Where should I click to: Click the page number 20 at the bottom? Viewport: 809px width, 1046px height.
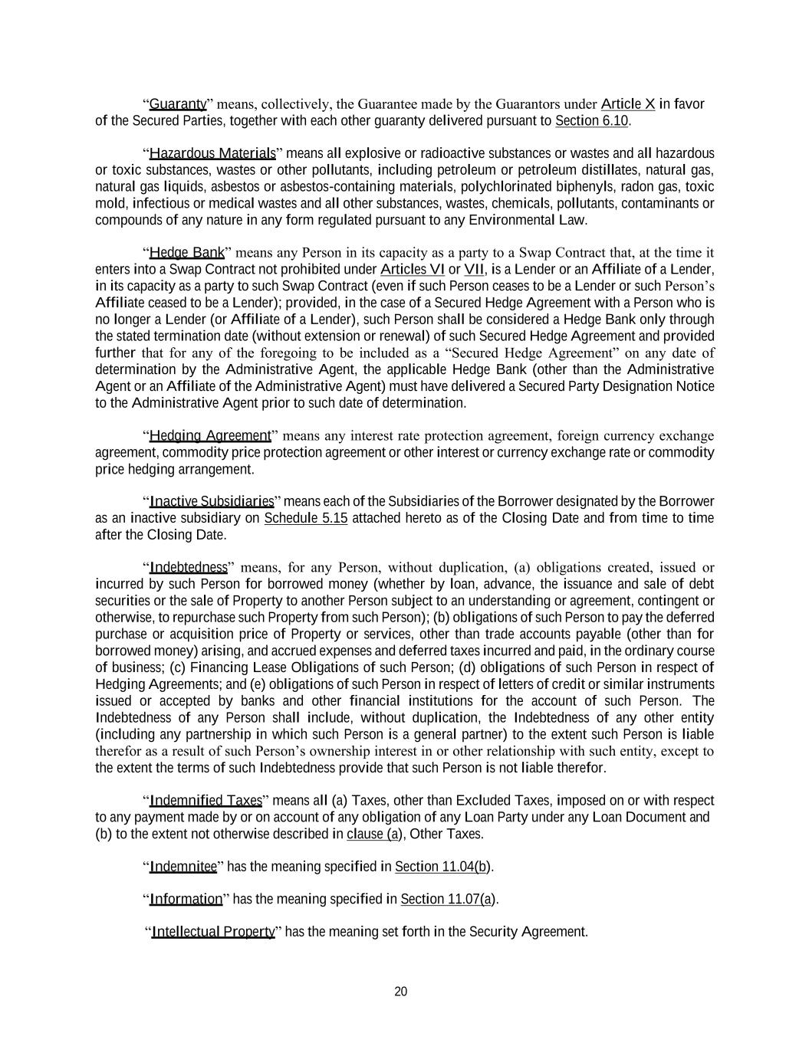point(400,992)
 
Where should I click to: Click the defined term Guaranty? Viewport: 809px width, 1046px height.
point(178,104)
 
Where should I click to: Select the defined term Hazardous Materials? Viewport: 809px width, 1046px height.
point(212,153)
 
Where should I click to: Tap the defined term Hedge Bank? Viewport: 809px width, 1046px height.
point(187,253)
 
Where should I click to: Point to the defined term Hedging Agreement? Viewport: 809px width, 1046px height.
point(210,436)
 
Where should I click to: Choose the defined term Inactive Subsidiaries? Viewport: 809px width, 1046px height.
point(212,502)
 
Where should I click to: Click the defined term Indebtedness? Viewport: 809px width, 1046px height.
point(189,568)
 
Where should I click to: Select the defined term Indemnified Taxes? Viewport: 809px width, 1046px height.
point(206,801)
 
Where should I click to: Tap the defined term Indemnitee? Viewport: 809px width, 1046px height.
point(183,867)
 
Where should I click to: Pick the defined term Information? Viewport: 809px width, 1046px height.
point(186,899)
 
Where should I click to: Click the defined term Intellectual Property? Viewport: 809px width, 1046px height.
point(213,932)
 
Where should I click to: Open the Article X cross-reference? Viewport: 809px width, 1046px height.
point(628,104)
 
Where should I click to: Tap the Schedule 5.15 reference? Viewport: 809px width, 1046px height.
point(306,519)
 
